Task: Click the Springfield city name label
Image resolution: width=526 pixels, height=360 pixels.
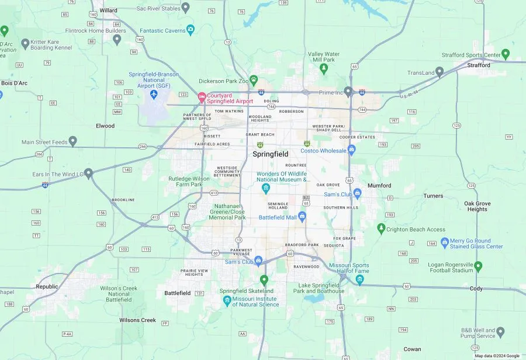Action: pyautogui.click(x=270, y=154)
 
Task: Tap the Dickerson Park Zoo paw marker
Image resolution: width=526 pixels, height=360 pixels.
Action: pyautogui.click(x=254, y=79)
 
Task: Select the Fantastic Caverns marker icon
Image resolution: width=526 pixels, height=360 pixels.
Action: pyautogui.click(x=191, y=30)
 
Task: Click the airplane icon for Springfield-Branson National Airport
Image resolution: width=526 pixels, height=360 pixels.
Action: pyautogui.click(x=154, y=94)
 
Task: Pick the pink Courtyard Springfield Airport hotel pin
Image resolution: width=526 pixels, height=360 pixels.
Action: pyautogui.click(x=202, y=96)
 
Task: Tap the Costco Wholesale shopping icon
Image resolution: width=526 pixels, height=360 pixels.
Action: pyautogui.click(x=352, y=150)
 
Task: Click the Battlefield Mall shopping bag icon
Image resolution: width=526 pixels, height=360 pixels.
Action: pyautogui.click(x=302, y=217)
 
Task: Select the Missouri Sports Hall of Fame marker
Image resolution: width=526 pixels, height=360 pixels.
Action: pyautogui.click(x=360, y=279)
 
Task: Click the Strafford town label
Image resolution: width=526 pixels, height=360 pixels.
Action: pyautogui.click(x=479, y=65)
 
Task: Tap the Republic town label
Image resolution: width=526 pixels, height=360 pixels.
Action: pyautogui.click(x=47, y=287)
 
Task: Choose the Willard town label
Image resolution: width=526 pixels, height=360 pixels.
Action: pyautogui.click(x=108, y=11)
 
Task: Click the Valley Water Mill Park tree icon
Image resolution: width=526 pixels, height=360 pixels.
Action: pyautogui.click(x=324, y=69)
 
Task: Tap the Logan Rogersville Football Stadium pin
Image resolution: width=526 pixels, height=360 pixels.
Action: pyautogui.click(x=478, y=266)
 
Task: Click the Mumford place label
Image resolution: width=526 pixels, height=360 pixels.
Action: pyautogui.click(x=379, y=186)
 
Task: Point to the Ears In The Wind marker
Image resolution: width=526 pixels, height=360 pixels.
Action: pyautogui.click(x=88, y=173)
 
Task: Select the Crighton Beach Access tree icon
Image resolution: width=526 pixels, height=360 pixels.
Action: pyautogui.click(x=381, y=228)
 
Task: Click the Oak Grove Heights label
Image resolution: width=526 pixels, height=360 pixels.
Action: pyautogui.click(x=477, y=206)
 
